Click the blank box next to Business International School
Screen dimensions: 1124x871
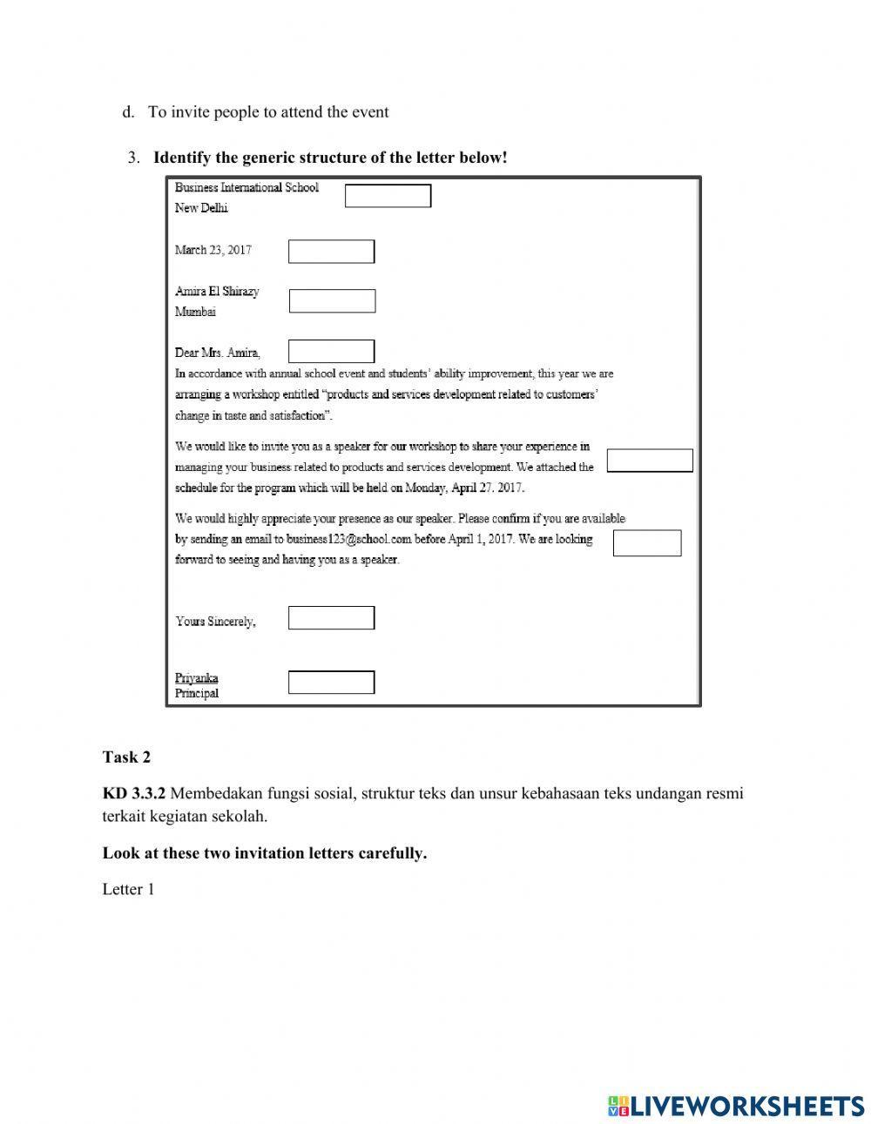(388, 196)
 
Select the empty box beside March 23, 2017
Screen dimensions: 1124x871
(331, 252)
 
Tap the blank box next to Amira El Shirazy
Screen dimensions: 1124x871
(332, 301)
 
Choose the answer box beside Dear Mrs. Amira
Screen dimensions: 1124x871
(331, 352)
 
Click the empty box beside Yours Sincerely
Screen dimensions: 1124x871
(331, 618)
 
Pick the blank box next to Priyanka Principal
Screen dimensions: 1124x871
(331, 683)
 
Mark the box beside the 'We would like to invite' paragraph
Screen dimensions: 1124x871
(649, 461)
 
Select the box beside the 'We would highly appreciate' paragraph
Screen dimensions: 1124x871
(646, 542)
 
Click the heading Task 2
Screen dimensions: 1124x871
(126, 757)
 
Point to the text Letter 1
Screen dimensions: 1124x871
(128, 889)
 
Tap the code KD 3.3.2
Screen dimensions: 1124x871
(133, 794)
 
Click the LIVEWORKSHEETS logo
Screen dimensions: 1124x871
(735, 1106)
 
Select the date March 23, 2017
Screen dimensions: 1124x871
(213, 251)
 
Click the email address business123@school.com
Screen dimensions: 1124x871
(348, 540)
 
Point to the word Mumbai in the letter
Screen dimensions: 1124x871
(195, 312)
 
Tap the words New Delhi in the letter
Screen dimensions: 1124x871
(201, 208)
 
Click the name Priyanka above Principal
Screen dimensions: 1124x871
(196, 677)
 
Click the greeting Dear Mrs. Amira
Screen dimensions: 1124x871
(217, 353)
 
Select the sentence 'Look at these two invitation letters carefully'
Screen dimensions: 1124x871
(265, 853)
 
